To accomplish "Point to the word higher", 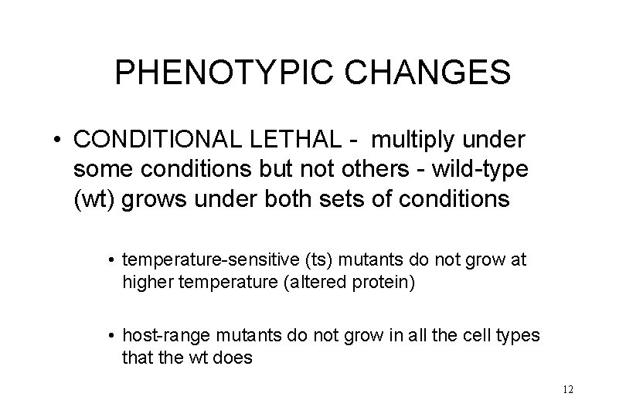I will tap(148, 282).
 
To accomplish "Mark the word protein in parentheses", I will tap(385, 282).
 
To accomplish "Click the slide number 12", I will tap(568, 389).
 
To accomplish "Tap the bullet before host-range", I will tap(112, 337).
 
